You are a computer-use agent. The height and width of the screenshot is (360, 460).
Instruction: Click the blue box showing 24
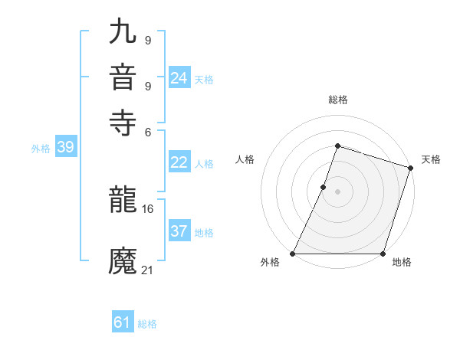pos(179,78)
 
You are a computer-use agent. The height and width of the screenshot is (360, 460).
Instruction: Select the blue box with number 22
pos(179,162)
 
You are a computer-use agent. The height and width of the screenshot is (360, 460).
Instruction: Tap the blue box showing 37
pos(179,231)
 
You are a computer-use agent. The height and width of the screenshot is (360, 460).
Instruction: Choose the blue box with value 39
pos(65,148)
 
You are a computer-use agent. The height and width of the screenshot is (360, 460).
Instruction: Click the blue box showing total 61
pos(123,322)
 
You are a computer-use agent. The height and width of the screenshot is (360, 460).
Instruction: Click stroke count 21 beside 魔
pos(148,270)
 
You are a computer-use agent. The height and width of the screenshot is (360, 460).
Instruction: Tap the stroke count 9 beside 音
pos(148,84)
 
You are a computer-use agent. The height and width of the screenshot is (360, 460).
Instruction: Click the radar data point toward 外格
pos(293,254)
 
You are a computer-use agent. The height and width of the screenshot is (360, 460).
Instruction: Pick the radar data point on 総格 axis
pos(337,146)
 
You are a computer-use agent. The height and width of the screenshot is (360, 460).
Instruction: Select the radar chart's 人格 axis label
pos(245,159)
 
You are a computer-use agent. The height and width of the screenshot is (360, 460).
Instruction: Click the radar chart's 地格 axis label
pos(402,263)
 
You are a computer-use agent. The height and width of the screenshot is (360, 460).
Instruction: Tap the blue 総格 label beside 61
pos(147,324)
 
